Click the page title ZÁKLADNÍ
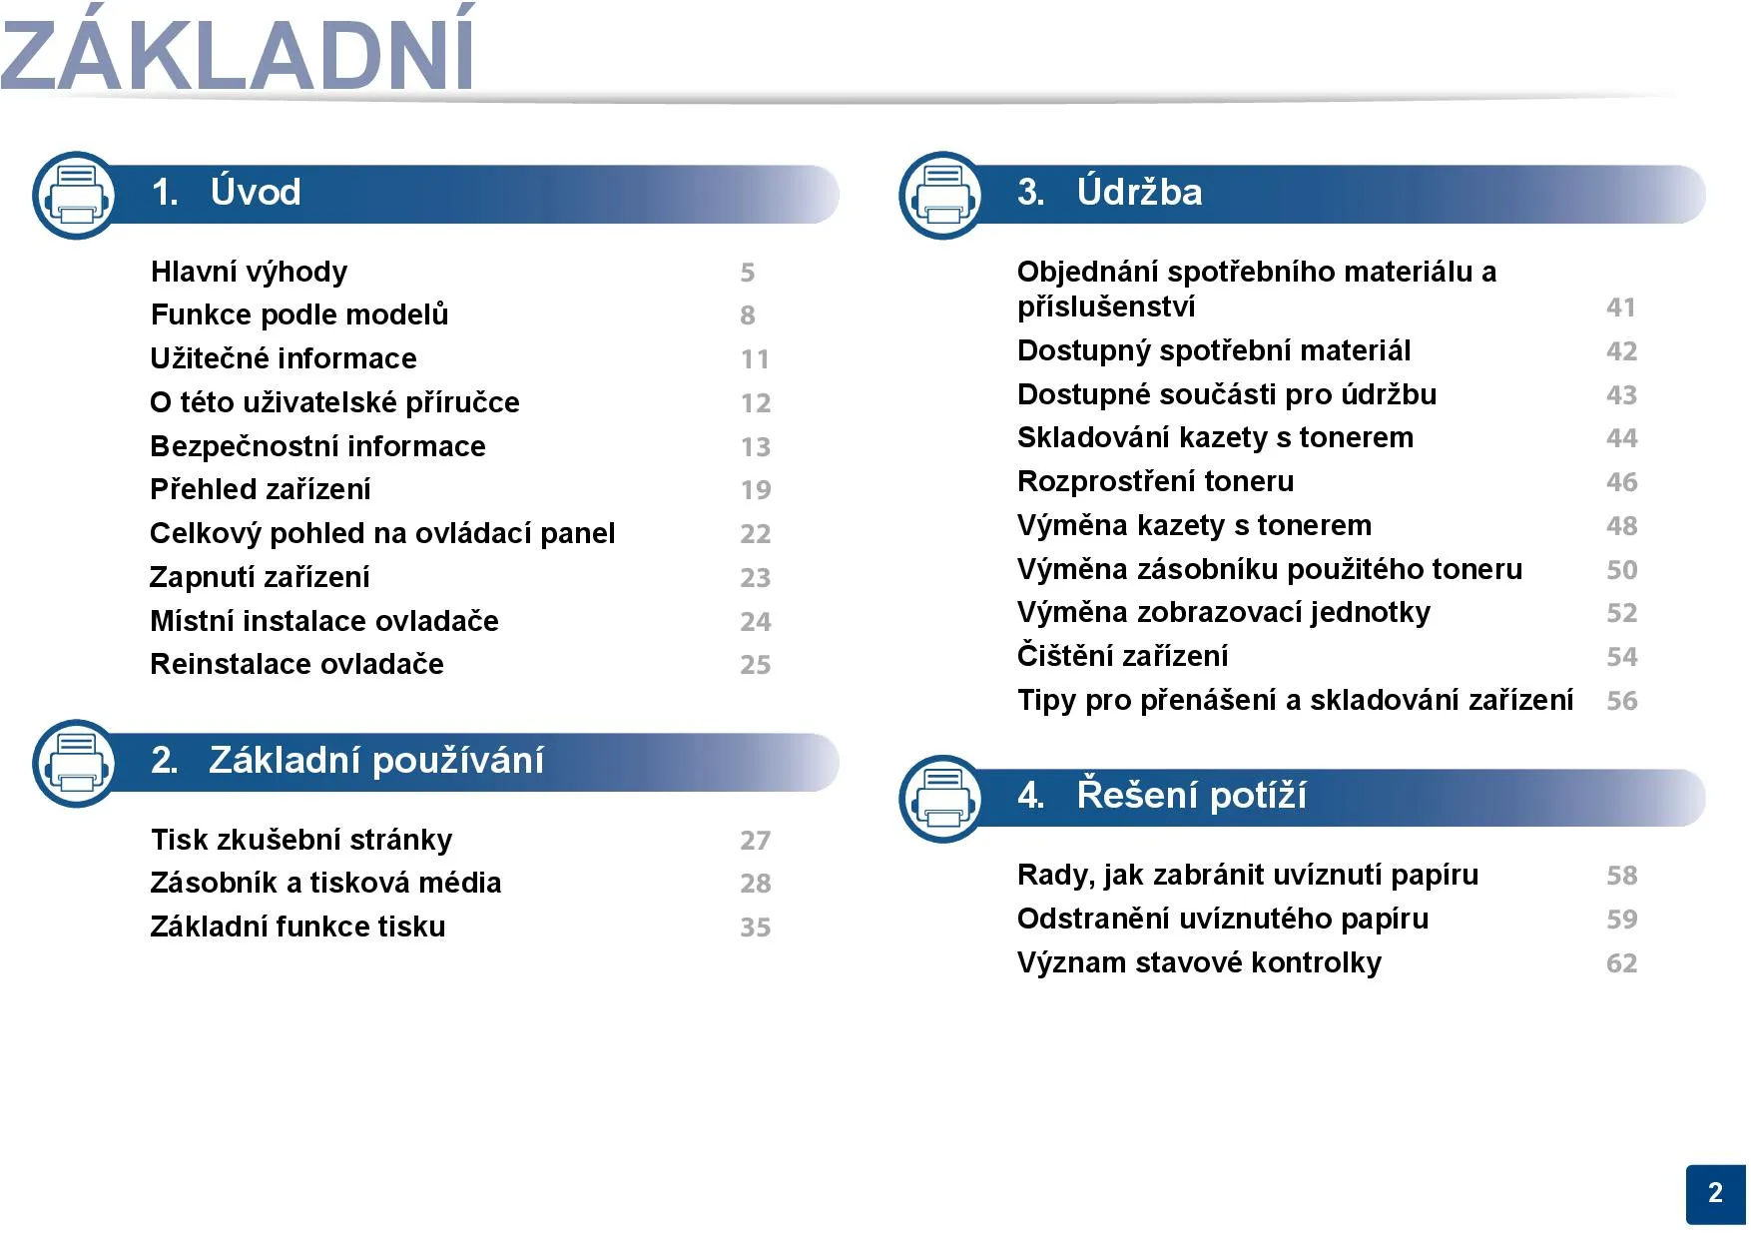click(x=238, y=50)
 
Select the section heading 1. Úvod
click(x=227, y=192)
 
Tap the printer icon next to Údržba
click(x=942, y=196)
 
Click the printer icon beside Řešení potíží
click(x=942, y=799)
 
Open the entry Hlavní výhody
click(x=250, y=272)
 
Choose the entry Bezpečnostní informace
click(x=317, y=446)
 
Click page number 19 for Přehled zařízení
click(x=756, y=490)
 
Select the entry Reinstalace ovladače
click(x=296, y=664)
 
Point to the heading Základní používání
click(x=376, y=761)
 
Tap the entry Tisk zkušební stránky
click(x=301, y=840)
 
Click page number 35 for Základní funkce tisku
click(x=756, y=928)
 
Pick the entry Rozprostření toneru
click(x=1155, y=481)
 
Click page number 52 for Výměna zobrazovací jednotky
click(x=1622, y=613)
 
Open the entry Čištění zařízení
click(x=1123, y=656)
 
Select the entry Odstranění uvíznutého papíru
click(x=1223, y=919)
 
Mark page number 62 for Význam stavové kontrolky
click(x=1622, y=963)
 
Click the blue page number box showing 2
click(x=1716, y=1194)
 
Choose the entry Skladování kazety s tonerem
click(x=1215, y=437)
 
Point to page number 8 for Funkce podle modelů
click(x=748, y=315)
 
